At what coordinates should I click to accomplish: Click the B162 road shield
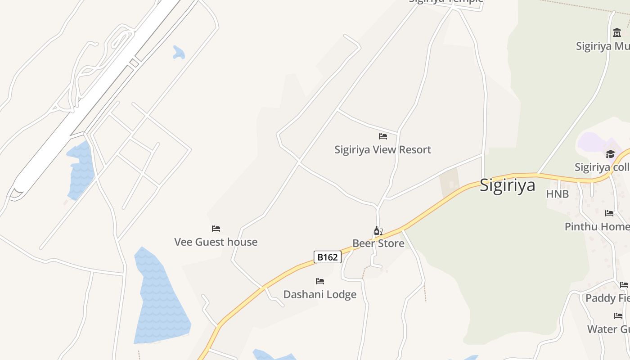[x=327, y=257]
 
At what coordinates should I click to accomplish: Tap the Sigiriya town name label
[x=507, y=185]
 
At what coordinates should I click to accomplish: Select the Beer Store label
[x=378, y=243]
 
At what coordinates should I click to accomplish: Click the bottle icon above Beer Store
[x=377, y=231]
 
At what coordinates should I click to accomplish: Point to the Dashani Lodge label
[x=319, y=294]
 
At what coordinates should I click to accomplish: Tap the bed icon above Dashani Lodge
[x=320, y=281]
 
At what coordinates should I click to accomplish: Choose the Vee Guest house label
[x=216, y=242]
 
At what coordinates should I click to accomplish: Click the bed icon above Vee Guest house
[x=216, y=229]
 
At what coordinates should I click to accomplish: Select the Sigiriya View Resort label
[x=382, y=149]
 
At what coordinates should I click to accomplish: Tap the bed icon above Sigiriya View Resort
[x=383, y=136]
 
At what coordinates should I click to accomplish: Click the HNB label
[x=557, y=194]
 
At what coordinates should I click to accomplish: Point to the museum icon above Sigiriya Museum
[x=617, y=32]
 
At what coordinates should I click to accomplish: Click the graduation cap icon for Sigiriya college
[x=610, y=154]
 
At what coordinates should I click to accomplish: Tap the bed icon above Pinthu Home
[x=609, y=213]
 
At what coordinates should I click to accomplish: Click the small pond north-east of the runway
[x=179, y=52]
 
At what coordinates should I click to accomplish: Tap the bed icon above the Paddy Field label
[x=624, y=285]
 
